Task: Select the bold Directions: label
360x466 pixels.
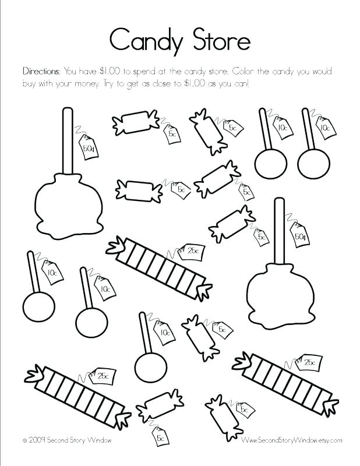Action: [41, 71]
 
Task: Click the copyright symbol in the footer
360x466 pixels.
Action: [25, 440]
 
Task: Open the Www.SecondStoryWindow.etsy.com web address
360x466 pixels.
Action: [291, 440]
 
